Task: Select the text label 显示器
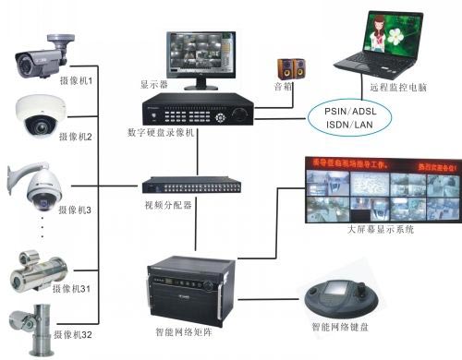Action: [x=153, y=84]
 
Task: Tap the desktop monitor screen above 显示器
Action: [x=201, y=55]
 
